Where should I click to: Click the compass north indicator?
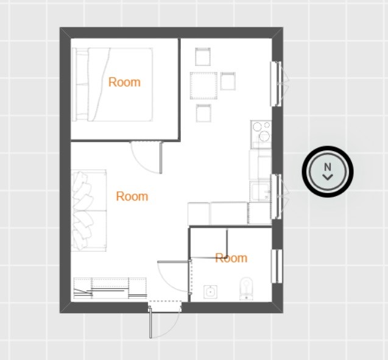pyautogui.click(x=328, y=171)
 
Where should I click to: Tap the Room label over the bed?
pyautogui.click(x=124, y=82)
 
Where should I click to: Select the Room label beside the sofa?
pyautogui.click(x=132, y=197)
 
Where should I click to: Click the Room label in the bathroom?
pyautogui.click(x=231, y=258)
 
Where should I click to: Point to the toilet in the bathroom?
pyautogui.click(x=247, y=289)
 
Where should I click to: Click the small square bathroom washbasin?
pyautogui.click(x=210, y=292)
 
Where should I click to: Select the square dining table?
pyautogui.click(x=203, y=86)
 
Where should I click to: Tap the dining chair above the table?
pyautogui.click(x=203, y=57)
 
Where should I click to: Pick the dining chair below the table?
pyautogui.click(x=203, y=113)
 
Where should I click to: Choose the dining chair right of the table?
pyautogui.click(x=228, y=81)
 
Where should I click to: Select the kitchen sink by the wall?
pyautogui.click(x=261, y=192)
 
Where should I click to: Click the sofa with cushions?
pyautogui.click(x=88, y=210)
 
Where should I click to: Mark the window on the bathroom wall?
pyautogui.click(x=277, y=266)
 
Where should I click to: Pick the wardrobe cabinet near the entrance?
pyautogui.click(x=110, y=288)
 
